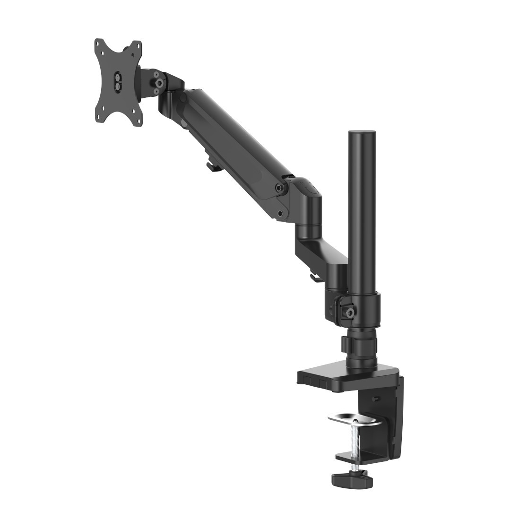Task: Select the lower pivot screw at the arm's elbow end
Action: (x=281, y=213)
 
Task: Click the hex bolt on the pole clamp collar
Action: (x=350, y=312)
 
